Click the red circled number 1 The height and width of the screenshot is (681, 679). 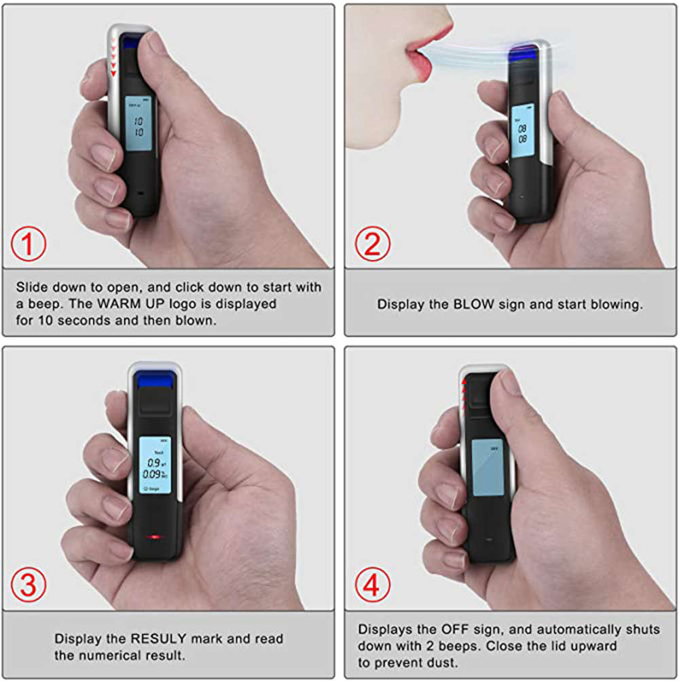point(29,244)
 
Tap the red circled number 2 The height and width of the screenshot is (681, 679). point(372,244)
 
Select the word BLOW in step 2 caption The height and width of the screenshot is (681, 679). point(472,304)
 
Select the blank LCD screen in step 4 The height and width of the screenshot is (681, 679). point(488,467)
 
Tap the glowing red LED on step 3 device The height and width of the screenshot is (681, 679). point(155,538)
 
